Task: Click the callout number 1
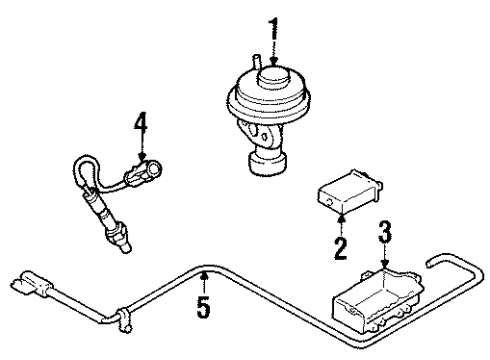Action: point(274,29)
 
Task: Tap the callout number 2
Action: point(340,248)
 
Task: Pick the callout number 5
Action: point(204,306)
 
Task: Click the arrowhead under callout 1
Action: point(274,61)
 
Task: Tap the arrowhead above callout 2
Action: point(341,217)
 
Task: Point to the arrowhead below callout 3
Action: point(385,264)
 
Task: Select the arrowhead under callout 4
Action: point(142,156)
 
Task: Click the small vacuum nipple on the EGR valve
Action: point(257,62)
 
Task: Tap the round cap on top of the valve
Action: point(273,76)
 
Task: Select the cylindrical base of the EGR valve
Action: point(267,163)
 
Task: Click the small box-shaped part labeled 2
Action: point(349,191)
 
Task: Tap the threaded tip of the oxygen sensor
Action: point(125,247)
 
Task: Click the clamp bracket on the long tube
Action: point(124,320)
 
